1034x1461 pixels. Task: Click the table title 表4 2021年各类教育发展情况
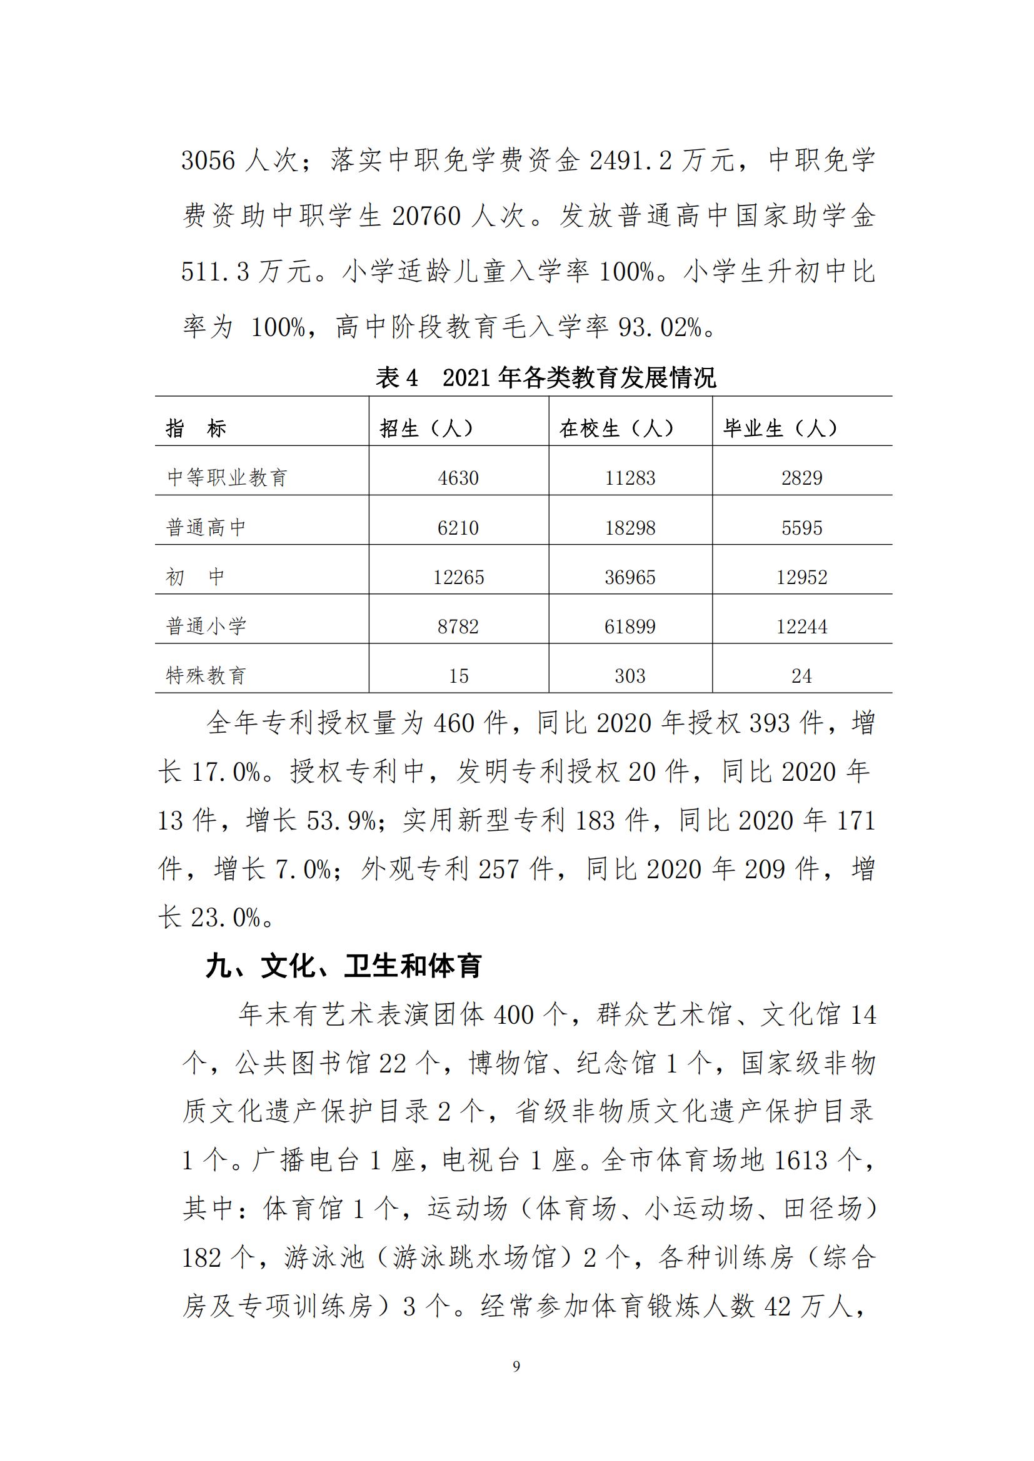point(546,378)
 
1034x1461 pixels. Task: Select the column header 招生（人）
point(426,428)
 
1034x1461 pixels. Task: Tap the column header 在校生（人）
point(617,428)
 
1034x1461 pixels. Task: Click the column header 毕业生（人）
point(781,428)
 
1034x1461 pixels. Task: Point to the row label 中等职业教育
point(228,477)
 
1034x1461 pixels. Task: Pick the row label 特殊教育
point(206,675)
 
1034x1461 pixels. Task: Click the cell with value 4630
point(458,478)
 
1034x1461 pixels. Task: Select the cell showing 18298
point(630,528)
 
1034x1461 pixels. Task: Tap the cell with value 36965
point(630,577)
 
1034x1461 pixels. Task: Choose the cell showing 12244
point(801,626)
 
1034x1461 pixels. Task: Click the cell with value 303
point(630,676)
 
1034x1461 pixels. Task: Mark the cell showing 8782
point(458,626)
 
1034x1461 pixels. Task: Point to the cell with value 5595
point(801,528)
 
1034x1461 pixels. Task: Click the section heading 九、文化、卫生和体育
point(344,966)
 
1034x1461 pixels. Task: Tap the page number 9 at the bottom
point(516,1366)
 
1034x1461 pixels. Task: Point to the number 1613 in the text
point(801,1160)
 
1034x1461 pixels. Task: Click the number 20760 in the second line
point(426,216)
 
